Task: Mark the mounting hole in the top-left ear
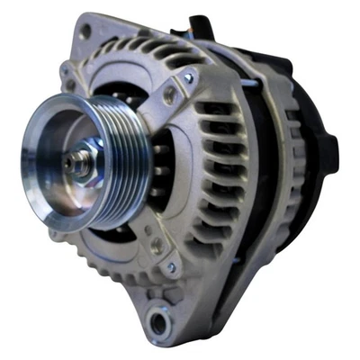click(x=85, y=31)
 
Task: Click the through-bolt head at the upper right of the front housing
click(x=189, y=79)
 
